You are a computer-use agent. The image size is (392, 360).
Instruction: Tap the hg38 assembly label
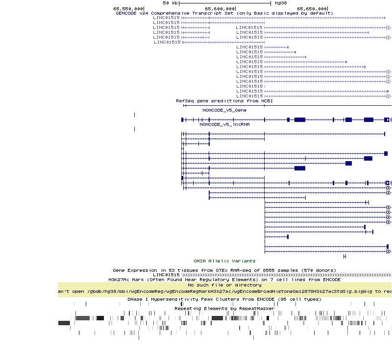281,3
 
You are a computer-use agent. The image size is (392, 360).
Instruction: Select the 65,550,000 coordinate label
128,8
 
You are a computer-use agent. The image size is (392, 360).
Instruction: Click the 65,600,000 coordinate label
220,8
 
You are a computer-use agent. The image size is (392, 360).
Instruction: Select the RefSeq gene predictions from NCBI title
224,101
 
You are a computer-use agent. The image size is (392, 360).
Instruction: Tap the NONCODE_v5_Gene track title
224,110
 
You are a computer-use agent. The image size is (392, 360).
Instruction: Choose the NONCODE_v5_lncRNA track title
224,124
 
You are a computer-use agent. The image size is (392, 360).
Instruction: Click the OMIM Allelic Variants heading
224,261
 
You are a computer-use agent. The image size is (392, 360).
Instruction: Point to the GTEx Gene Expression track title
224,270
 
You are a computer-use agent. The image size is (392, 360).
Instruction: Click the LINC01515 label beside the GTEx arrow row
166,275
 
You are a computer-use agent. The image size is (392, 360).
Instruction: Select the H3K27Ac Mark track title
224,280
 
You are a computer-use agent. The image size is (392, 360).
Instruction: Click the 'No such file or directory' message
224,285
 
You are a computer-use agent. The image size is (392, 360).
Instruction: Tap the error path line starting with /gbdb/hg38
224,291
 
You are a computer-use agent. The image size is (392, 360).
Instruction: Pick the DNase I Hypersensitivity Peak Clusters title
224,299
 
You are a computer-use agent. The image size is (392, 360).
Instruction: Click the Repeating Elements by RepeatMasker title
224,309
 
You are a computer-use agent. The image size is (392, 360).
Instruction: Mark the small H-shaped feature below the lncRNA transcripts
344,256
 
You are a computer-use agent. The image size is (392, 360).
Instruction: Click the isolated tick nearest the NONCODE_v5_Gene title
134,115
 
